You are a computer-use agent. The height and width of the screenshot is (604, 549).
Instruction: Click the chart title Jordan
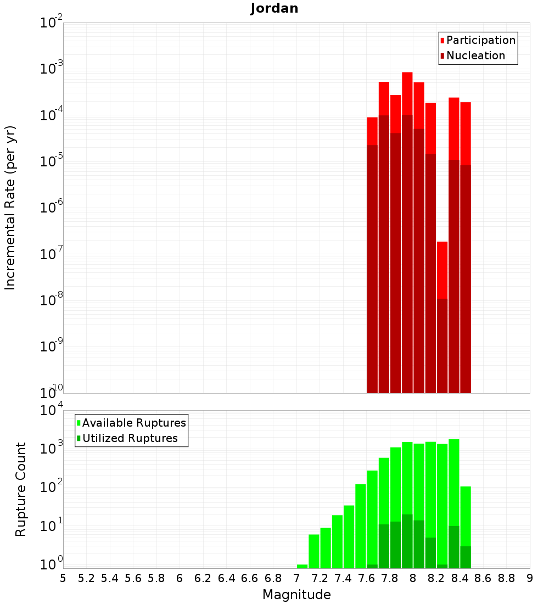coord(274,8)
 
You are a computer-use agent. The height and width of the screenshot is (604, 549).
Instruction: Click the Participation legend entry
coord(480,40)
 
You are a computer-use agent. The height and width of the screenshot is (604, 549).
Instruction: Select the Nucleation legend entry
coord(475,55)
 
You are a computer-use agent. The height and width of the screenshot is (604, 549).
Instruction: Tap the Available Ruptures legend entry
coord(133,423)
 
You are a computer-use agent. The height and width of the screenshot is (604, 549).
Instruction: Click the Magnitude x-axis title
coord(296,595)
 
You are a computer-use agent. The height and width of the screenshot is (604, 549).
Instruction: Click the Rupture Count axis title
coord(21,489)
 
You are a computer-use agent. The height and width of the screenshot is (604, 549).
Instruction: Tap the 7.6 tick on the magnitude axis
coord(366,578)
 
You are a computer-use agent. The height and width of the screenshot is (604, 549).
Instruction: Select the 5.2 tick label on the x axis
coord(86,578)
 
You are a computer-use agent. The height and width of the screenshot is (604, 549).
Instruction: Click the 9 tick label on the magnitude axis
coord(530,578)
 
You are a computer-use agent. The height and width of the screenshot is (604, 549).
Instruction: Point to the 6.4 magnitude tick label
coord(226,578)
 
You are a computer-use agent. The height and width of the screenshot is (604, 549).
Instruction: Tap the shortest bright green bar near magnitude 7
coord(302,566)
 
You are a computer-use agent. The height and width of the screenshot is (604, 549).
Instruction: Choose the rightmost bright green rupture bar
coord(466,516)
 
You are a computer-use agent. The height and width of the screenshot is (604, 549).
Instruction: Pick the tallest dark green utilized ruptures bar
coord(407,541)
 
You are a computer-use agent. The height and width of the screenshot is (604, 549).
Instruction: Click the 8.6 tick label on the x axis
coord(483,578)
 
